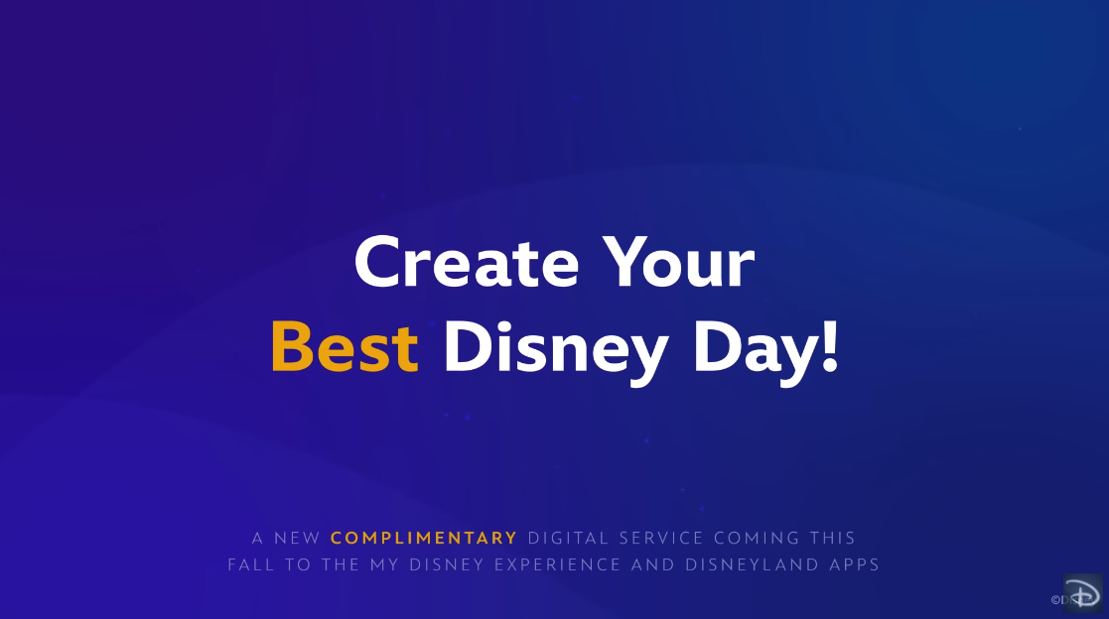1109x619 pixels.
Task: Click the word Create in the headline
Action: point(467,262)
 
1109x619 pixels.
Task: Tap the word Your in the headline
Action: point(678,262)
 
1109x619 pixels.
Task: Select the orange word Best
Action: point(346,346)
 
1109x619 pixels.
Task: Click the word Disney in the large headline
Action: point(556,351)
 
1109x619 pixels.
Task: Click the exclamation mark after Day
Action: point(831,345)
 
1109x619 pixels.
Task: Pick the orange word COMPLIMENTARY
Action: point(424,538)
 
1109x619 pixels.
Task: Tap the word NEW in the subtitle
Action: point(298,538)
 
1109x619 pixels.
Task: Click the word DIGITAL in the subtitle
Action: point(569,538)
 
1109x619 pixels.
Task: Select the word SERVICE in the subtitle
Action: point(661,538)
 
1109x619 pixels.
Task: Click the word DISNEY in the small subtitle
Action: point(447,564)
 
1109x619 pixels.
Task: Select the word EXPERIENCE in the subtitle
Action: point(557,564)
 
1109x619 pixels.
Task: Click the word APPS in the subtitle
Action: point(855,564)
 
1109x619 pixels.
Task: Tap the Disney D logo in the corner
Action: point(1083,592)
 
